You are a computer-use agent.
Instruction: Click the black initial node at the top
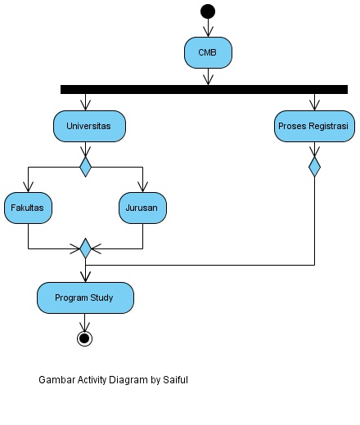208,11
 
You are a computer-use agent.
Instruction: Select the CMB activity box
208,53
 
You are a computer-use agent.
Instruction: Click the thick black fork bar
204,89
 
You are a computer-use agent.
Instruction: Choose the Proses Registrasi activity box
313,127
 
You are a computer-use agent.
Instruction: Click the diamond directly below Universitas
85,167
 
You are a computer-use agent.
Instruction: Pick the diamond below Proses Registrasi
313,167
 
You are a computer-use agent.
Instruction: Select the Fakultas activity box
28,208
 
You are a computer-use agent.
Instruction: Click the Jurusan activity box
142,208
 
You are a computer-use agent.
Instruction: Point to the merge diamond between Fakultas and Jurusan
85,248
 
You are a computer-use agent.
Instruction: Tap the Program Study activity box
84,297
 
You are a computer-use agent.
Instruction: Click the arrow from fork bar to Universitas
85,102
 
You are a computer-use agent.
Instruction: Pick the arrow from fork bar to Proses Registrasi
313,102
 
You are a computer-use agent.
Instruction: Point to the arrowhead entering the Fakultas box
28,187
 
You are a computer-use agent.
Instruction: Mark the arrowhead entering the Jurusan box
142,187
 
